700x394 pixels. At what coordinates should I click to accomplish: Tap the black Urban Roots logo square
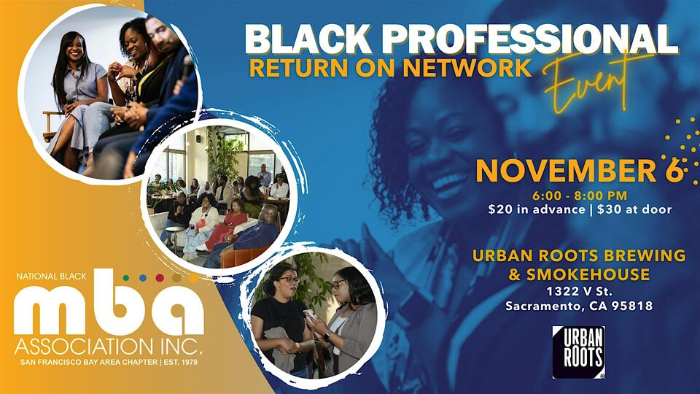click(x=578, y=352)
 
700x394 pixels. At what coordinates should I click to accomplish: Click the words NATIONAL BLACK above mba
click(x=47, y=278)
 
